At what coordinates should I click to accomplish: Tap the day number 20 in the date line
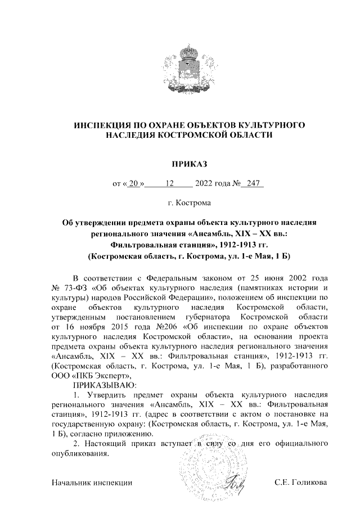pyautogui.click(x=133, y=183)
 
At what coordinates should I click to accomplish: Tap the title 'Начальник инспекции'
pyautogui.click(x=91, y=482)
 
